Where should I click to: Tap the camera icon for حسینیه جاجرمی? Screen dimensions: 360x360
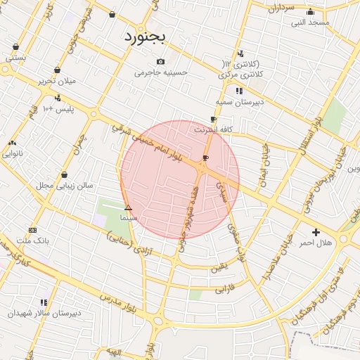coord(161,61)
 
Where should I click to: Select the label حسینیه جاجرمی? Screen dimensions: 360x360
coord(162,72)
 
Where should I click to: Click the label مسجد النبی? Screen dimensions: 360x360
coord(311,22)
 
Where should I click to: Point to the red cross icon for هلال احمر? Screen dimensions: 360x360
coord(316,232)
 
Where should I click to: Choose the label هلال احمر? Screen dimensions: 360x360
coord(316,243)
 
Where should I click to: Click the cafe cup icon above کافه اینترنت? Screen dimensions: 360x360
coord(213,120)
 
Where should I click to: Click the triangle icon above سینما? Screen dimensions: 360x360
coord(128,207)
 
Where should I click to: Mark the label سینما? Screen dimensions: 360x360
coord(128,218)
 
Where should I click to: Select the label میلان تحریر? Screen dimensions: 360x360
coord(56,81)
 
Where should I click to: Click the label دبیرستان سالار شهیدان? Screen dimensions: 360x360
coord(45,312)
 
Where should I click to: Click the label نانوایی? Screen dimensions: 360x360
coord(12,153)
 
